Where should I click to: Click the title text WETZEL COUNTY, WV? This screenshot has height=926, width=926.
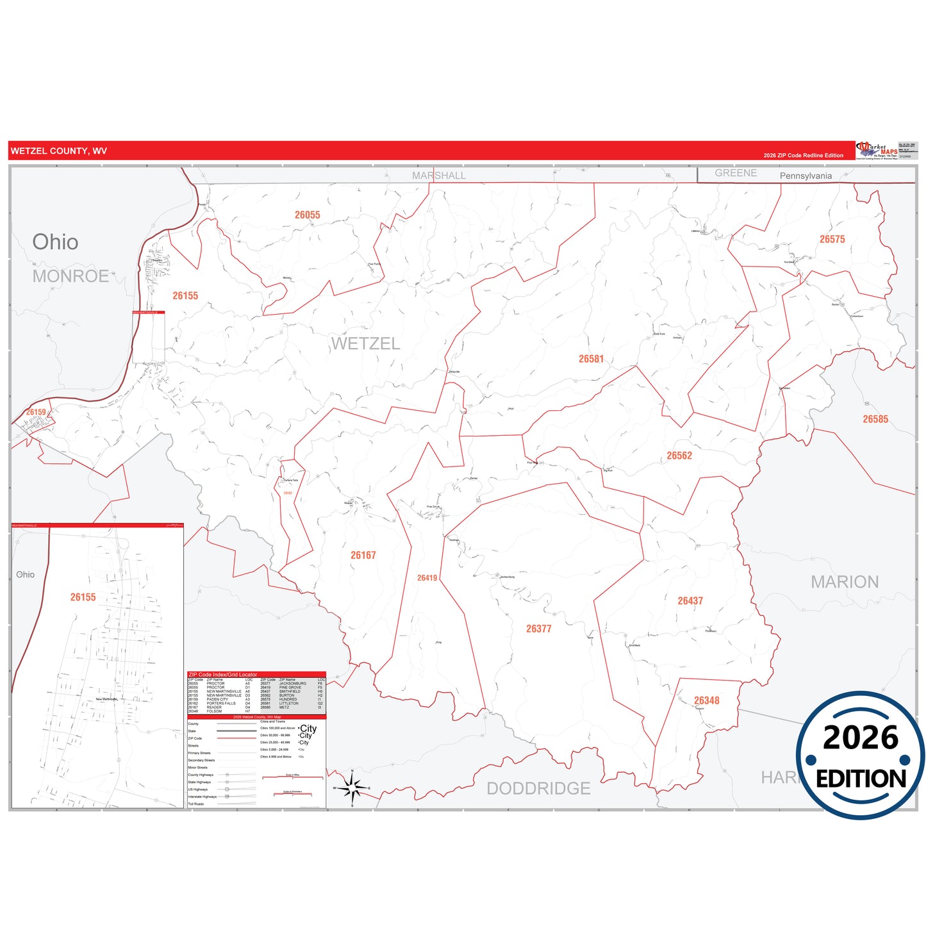pos(59,151)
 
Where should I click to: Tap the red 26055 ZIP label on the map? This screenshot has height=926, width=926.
pos(308,215)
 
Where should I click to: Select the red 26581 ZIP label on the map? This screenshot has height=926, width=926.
pos(591,359)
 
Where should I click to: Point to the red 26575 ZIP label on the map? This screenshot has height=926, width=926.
pos(832,239)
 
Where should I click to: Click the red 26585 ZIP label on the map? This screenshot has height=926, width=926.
pos(875,419)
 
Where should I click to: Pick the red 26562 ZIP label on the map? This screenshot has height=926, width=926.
pos(679,456)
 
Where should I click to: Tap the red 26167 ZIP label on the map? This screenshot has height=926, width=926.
pos(363,556)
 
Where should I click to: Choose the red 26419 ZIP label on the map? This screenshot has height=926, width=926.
pos(427,578)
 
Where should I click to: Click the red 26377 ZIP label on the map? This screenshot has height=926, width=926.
pos(538,629)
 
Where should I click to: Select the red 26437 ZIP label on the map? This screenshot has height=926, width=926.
pos(690,600)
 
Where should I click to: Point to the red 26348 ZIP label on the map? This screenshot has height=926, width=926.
pos(706,700)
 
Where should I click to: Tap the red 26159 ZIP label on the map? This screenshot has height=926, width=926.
pos(36,412)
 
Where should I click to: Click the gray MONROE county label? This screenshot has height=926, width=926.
pos(70,276)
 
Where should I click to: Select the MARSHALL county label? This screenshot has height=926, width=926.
pos(439,176)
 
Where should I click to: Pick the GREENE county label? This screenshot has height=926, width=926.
pos(736,173)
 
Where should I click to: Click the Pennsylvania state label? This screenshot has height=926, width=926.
pos(806,176)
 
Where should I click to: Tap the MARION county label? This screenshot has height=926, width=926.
pos(845,582)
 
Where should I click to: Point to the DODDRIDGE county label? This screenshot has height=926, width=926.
pos(538,788)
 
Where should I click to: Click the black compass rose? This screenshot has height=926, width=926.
pos(352,788)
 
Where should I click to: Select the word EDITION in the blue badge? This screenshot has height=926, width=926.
pos(861,779)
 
